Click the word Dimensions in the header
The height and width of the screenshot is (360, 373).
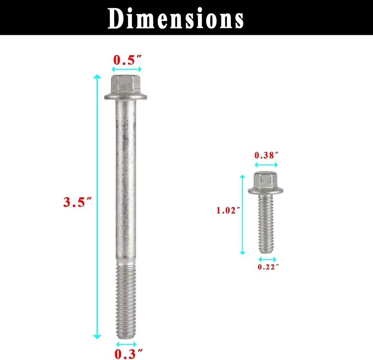point(176,18)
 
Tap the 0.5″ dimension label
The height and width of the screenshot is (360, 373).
point(127,60)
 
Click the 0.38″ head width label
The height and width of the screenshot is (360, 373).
point(266,155)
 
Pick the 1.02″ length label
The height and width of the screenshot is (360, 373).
point(228,210)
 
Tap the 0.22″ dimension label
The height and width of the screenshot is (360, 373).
point(268,267)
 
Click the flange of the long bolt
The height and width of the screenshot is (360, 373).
point(126,96)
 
